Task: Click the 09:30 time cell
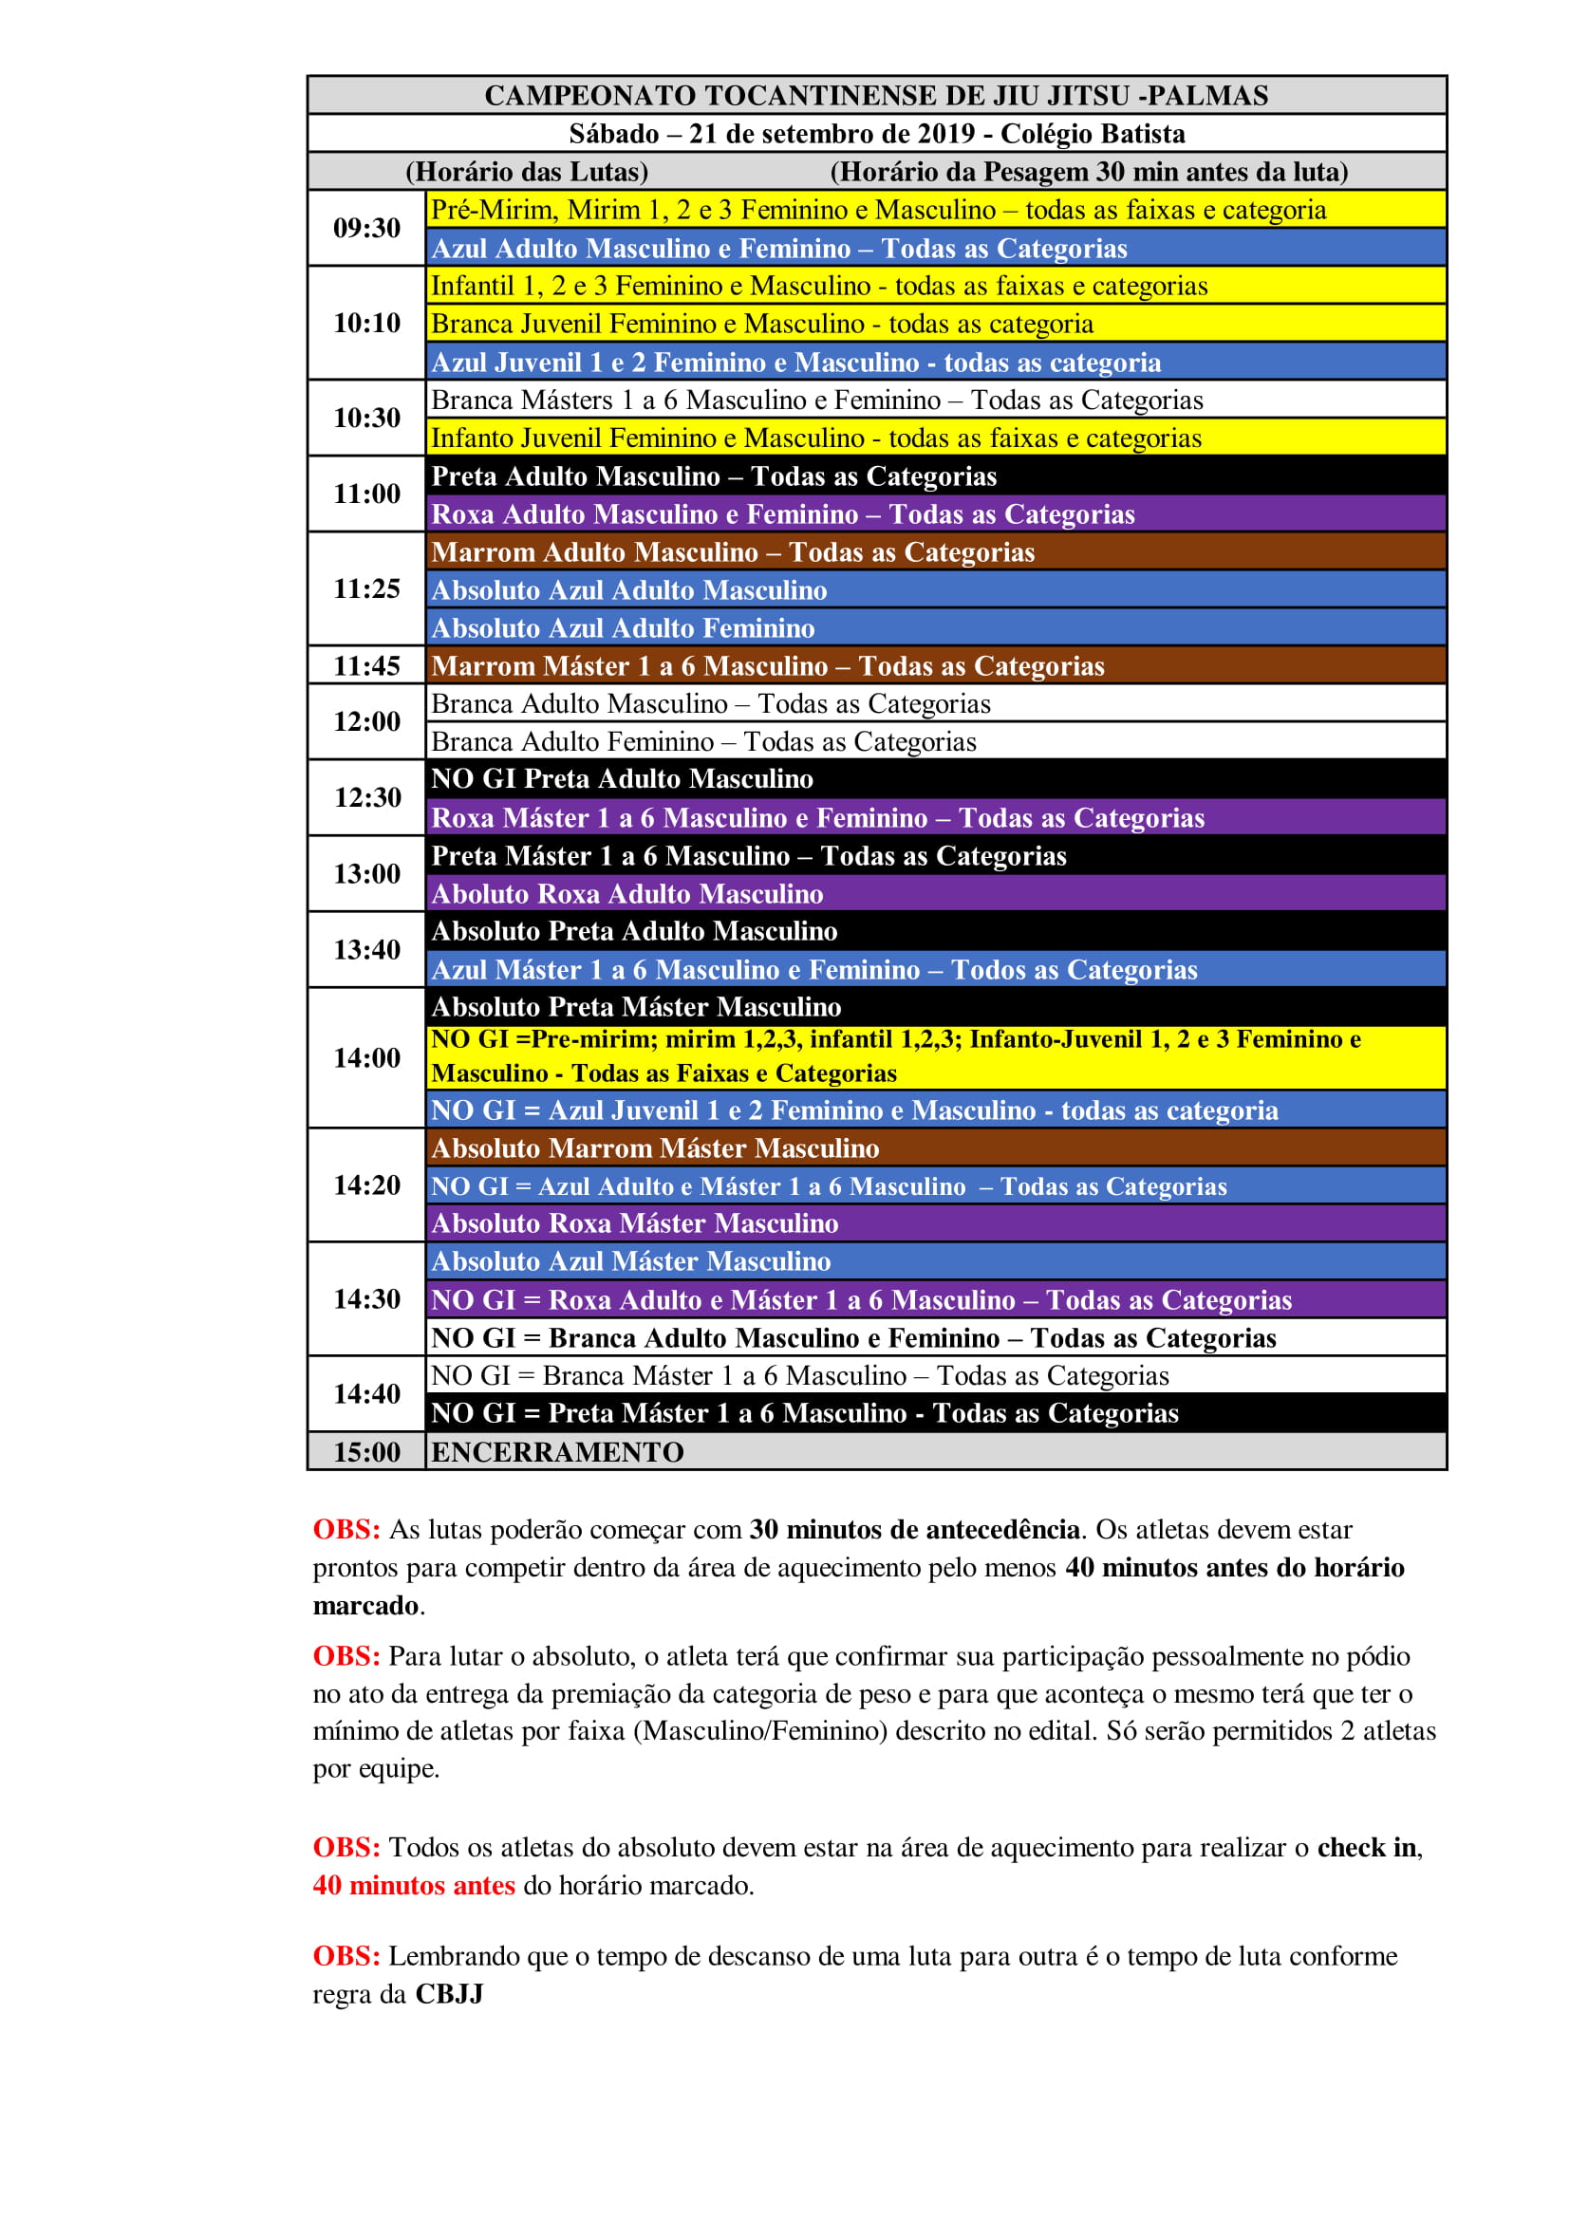click(366, 228)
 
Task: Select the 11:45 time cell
click(366, 666)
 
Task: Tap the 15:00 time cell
click(366, 1451)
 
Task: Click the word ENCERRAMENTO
click(557, 1451)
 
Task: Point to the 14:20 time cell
click(366, 1184)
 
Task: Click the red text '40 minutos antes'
click(414, 1885)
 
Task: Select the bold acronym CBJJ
click(450, 1994)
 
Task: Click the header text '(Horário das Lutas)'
click(527, 172)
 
